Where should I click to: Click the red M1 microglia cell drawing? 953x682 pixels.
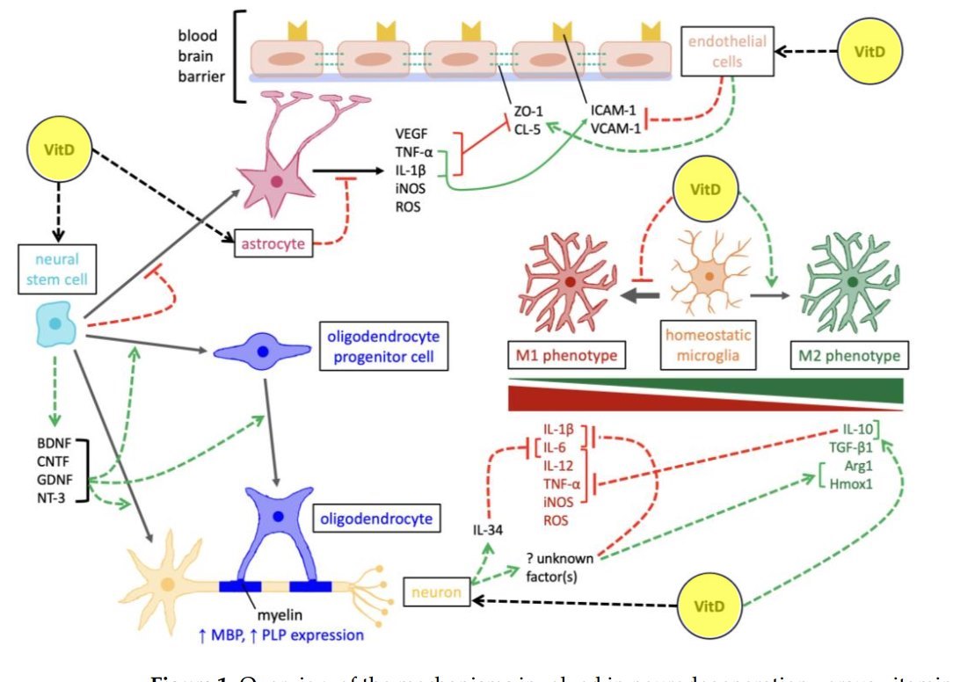569,282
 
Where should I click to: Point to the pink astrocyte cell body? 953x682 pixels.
277,181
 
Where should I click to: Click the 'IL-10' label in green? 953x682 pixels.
858,431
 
